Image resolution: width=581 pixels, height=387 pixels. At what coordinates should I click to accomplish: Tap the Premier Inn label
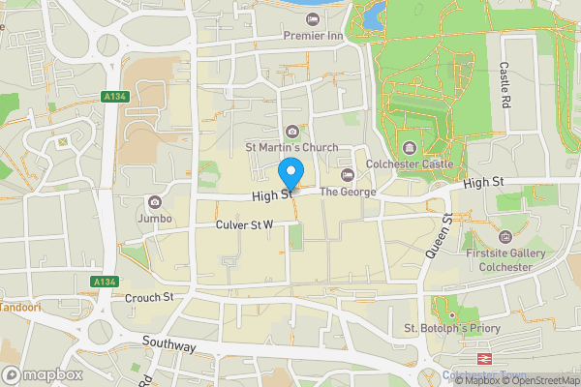315,36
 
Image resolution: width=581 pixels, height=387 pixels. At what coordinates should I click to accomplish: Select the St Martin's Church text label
291,147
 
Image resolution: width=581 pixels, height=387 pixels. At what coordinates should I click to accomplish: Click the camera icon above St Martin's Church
292,132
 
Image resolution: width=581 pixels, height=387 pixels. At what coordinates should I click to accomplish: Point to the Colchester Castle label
410,164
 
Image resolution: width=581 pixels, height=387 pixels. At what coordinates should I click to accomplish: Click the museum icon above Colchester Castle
410,148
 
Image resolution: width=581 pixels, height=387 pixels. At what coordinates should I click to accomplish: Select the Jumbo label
155,218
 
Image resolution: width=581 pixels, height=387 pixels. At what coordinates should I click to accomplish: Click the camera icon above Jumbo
155,202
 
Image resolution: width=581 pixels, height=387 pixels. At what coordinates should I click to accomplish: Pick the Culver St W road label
244,224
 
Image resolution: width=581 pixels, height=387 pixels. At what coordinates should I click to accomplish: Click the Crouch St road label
148,297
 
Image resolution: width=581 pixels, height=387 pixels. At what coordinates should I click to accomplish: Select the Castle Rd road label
505,85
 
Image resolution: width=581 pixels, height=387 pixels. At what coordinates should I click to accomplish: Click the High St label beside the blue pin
270,195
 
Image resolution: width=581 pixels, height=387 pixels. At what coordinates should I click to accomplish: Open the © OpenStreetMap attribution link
539,380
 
